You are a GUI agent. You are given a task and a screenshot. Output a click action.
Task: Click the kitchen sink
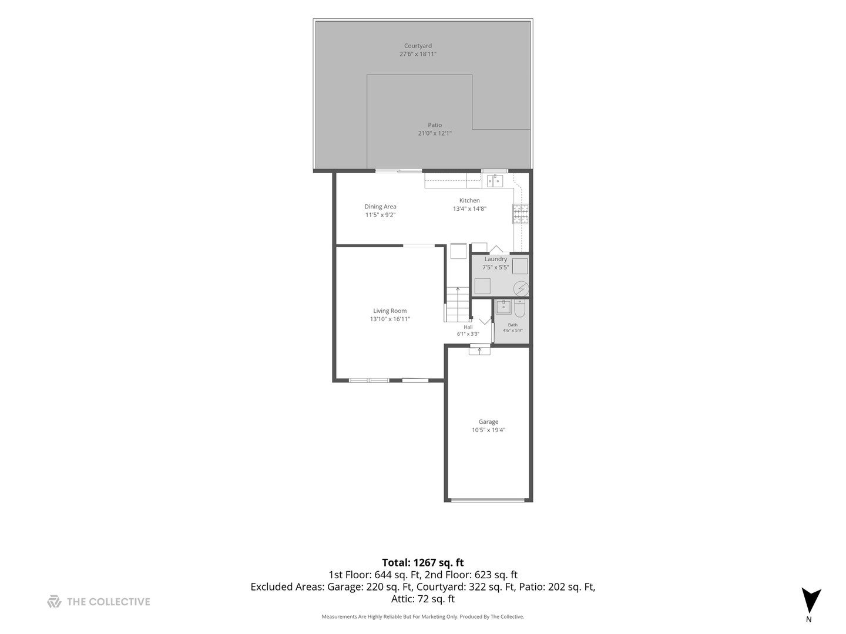tap(495, 181)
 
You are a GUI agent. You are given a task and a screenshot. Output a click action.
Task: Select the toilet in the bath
tap(519, 308)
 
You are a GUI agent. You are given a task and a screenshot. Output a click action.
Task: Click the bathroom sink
tap(503, 308)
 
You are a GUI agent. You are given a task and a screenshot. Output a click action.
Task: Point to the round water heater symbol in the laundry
tap(521, 289)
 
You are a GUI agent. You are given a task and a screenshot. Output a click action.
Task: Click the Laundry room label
tap(496, 259)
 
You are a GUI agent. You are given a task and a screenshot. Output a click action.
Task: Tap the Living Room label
tap(390, 311)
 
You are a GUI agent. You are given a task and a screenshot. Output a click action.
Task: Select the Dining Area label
tap(381, 207)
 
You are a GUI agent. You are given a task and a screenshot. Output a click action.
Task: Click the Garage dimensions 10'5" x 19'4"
tap(488, 430)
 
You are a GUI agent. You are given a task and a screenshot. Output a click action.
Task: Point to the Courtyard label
tap(418, 46)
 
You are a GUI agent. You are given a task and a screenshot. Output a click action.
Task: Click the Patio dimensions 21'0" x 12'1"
tap(435, 133)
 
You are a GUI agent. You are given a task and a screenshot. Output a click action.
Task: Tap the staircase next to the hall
tap(458, 304)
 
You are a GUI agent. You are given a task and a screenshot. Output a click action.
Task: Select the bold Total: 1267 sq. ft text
tap(423, 563)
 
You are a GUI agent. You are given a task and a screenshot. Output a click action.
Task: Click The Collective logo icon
tap(54, 601)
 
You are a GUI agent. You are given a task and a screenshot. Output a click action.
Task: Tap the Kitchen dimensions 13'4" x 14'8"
tap(469, 208)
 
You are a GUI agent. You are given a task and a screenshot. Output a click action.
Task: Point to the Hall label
tap(468, 327)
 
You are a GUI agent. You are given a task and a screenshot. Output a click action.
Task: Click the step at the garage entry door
tap(479, 350)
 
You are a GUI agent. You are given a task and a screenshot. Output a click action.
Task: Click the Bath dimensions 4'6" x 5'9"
tap(513, 331)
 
